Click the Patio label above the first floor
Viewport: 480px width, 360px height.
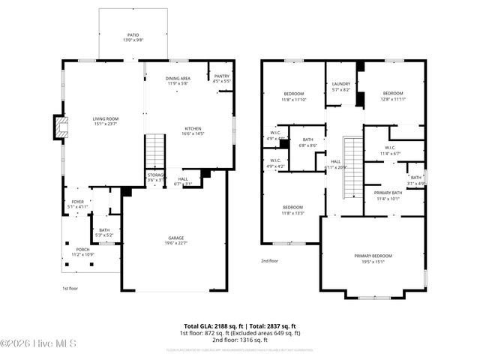[133, 37]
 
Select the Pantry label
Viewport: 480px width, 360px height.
[221, 78]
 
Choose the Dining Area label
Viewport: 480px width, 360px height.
[178, 80]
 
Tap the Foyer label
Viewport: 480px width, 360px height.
[78, 203]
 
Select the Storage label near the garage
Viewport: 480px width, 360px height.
[155, 177]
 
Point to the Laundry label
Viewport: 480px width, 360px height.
[341, 86]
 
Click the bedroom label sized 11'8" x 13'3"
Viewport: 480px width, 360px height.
[292, 210]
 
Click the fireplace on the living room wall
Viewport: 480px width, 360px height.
[58, 127]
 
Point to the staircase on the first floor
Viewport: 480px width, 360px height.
[154, 150]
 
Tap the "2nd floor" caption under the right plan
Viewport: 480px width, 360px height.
[269, 261]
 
